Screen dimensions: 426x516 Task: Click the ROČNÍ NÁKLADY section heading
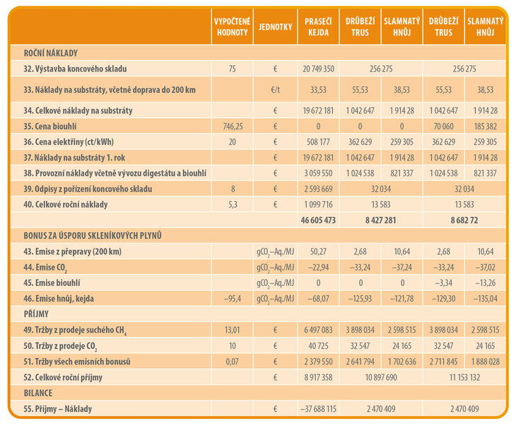[50, 53]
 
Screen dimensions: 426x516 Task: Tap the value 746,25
[231, 127]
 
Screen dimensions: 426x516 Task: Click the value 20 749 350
[317, 69]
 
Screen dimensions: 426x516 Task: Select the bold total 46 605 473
[317, 221]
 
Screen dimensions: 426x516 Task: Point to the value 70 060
[444, 127]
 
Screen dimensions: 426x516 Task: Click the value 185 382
[485, 127]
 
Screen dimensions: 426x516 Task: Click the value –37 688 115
[317, 409]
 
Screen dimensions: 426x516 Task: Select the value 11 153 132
[464, 378]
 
